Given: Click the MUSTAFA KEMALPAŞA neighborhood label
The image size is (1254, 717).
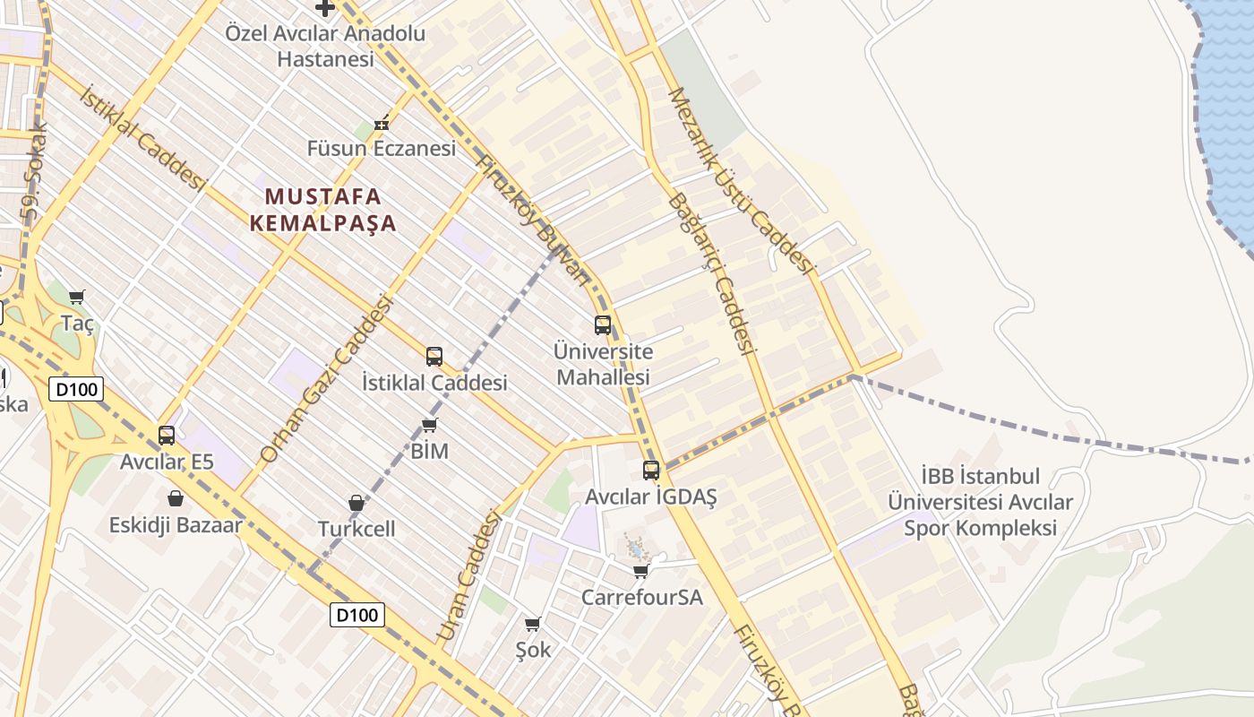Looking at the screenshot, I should point(322,210).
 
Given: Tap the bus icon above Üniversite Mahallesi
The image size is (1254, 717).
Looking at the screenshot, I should point(603,325).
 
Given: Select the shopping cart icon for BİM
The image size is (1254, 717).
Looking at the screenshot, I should point(430,425).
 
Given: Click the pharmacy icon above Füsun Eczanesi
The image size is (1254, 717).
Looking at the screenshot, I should point(382,124).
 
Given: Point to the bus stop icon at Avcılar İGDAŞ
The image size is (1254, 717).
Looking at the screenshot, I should point(651,470).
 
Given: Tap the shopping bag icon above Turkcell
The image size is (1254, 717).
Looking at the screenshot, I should point(356,503).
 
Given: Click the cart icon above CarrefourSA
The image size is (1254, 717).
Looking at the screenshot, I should point(640,571).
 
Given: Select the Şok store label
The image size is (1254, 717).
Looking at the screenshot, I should point(533,649).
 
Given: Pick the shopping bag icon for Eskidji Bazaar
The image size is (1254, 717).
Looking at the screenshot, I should point(176,498).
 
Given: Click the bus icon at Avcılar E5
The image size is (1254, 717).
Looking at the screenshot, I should point(167,436).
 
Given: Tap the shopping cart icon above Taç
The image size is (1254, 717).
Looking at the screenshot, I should point(77,297).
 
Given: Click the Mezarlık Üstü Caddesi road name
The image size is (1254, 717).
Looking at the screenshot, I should point(741,180).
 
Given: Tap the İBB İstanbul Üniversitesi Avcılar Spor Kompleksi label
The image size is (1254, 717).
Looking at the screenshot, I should point(979,502).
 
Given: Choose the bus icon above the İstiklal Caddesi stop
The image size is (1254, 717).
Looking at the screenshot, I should point(434,357).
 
